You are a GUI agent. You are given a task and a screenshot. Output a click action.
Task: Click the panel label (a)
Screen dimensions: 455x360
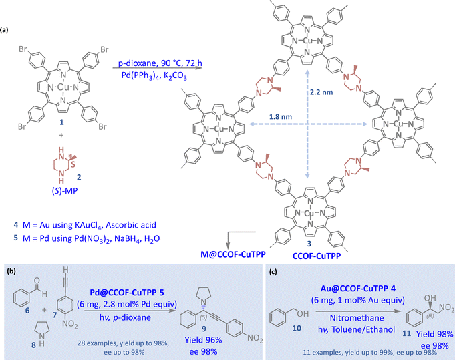(5, 30)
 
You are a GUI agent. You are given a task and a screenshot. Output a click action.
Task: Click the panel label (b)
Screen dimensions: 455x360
(11, 271)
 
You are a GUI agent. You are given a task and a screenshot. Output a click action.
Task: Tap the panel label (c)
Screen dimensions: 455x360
(273, 272)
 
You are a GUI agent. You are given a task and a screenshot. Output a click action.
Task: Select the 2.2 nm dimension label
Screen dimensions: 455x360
(321, 92)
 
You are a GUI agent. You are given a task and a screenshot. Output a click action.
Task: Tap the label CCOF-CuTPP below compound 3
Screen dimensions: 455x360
(317, 256)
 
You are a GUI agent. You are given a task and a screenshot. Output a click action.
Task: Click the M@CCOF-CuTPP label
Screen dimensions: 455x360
(233, 254)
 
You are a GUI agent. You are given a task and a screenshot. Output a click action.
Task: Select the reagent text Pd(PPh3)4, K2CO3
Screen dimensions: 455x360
(154, 76)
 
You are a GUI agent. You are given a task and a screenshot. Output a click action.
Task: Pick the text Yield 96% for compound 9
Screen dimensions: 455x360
(203, 340)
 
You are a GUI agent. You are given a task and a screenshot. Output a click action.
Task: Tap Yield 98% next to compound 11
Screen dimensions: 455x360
(434, 334)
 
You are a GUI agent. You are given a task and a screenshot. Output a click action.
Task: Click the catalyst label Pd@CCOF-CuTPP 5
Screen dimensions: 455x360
(127, 292)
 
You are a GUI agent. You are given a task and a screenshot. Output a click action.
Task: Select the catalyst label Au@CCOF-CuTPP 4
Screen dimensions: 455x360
(358, 289)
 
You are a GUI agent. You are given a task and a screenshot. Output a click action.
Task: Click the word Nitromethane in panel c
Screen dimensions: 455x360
(357, 318)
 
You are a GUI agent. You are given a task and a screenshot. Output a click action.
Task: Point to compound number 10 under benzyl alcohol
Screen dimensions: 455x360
(297, 328)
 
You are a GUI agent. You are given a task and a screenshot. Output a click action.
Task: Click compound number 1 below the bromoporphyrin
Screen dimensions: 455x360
(61, 122)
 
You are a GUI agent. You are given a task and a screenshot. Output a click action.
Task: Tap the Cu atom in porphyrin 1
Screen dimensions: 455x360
(63, 87)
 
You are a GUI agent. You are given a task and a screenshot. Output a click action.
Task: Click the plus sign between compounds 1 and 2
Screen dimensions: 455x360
(61, 135)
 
